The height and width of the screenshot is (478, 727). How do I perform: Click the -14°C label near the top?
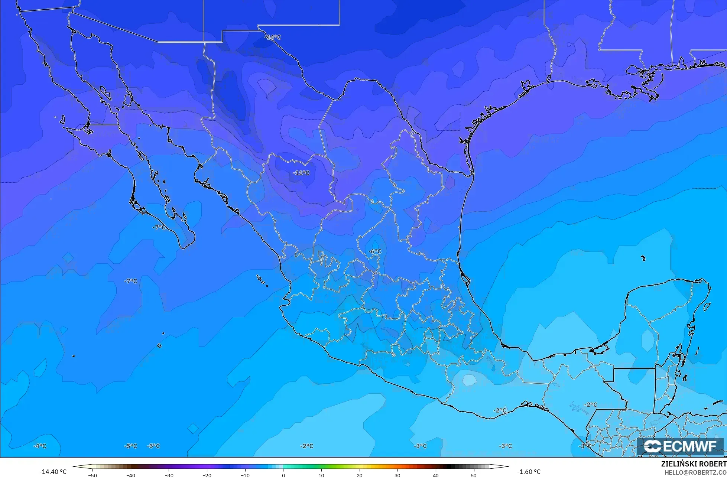click(273, 38)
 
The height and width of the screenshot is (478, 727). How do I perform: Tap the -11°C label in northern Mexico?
click(301, 173)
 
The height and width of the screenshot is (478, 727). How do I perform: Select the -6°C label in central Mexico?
click(375, 251)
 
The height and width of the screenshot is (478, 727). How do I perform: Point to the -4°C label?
click(40, 446)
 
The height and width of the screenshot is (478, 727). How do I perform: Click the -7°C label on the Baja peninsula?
click(159, 227)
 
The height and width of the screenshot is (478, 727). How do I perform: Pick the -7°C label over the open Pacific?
click(130, 281)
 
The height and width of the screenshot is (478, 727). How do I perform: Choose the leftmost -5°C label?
click(130, 446)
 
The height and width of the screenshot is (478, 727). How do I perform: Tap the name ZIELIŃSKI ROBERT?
click(694, 464)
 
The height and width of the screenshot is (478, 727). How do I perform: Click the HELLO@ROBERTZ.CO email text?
click(695, 472)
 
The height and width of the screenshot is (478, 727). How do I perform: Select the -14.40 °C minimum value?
click(53, 472)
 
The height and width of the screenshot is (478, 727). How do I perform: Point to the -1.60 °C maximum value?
click(529, 472)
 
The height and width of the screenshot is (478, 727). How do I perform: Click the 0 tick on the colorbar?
click(283, 475)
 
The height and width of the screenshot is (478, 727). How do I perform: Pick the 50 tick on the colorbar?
click(473, 475)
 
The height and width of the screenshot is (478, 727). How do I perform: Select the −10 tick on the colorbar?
click(245, 475)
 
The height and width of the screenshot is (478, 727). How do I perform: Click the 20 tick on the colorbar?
click(359, 475)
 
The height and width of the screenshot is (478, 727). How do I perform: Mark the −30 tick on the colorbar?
click(169, 475)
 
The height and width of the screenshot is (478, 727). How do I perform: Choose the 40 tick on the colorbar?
click(435, 475)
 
